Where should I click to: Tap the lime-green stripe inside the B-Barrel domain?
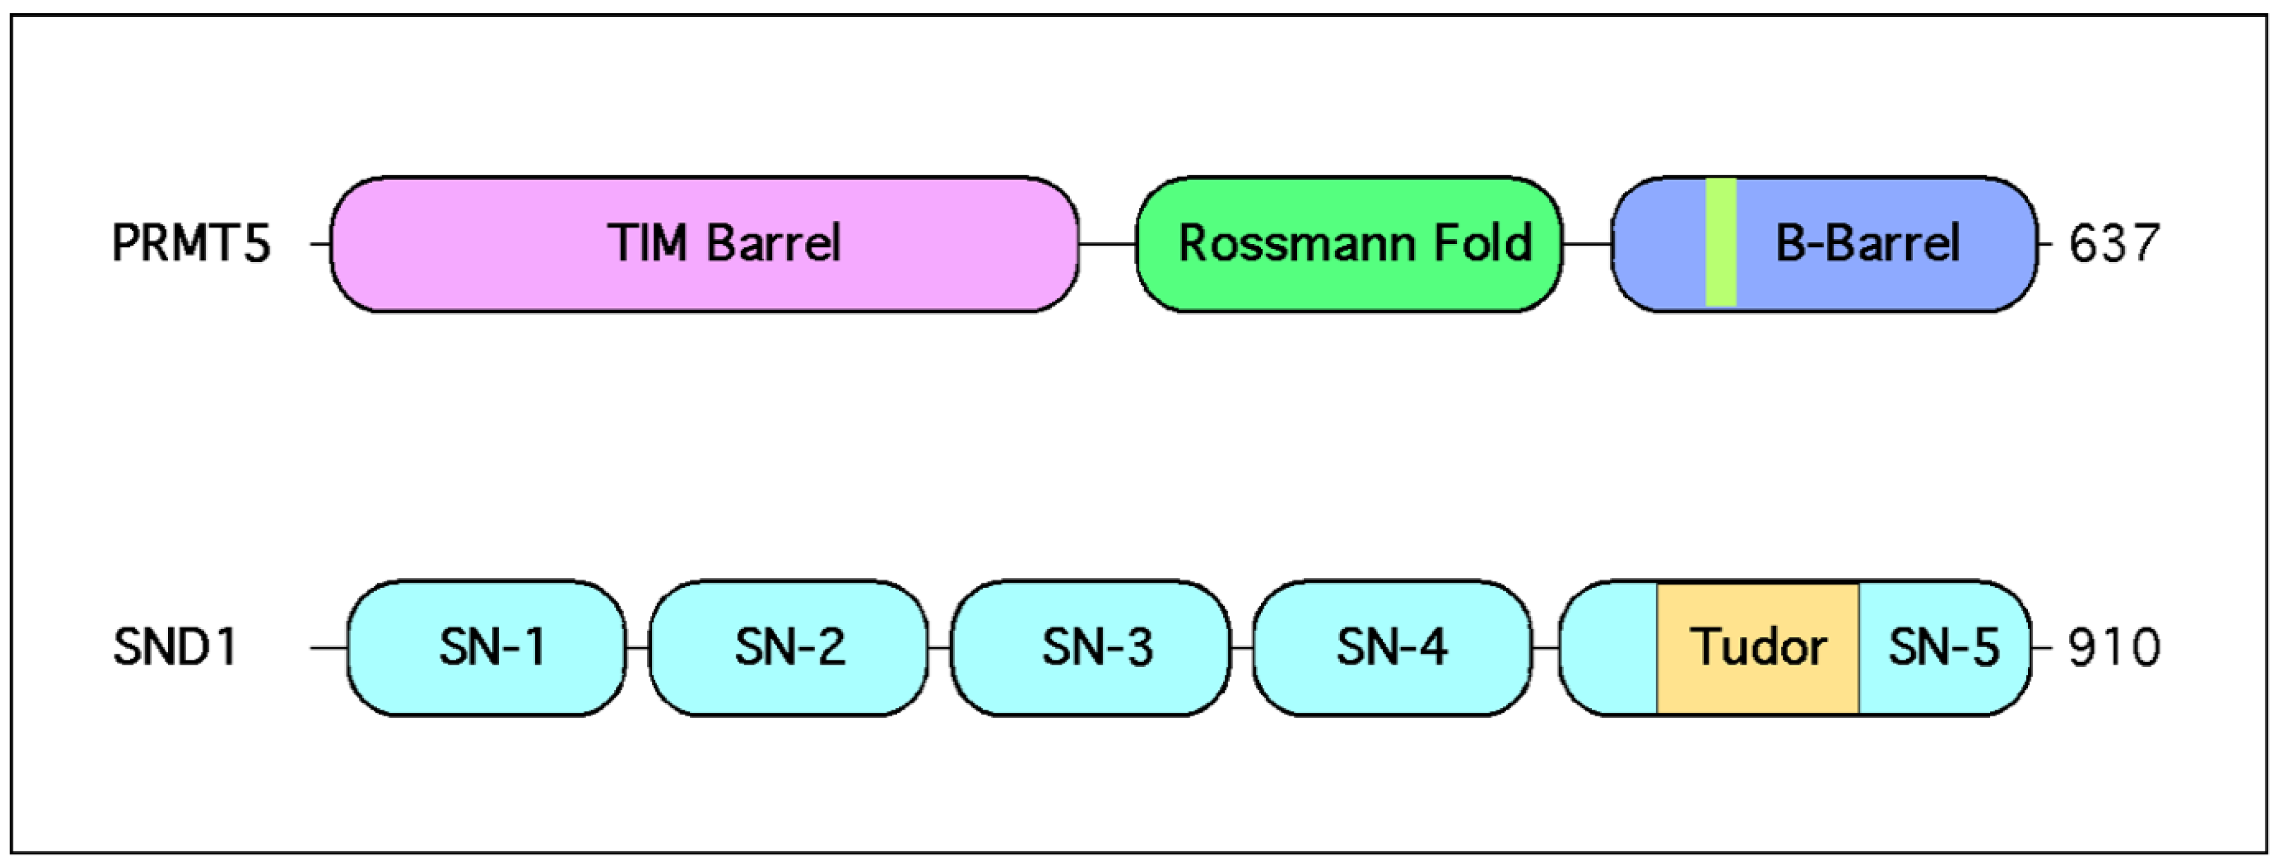tap(1721, 243)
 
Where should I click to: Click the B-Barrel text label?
tap(1867, 243)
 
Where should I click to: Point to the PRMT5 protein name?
tap(191, 243)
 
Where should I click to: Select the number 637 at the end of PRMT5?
tap(2114, 243)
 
